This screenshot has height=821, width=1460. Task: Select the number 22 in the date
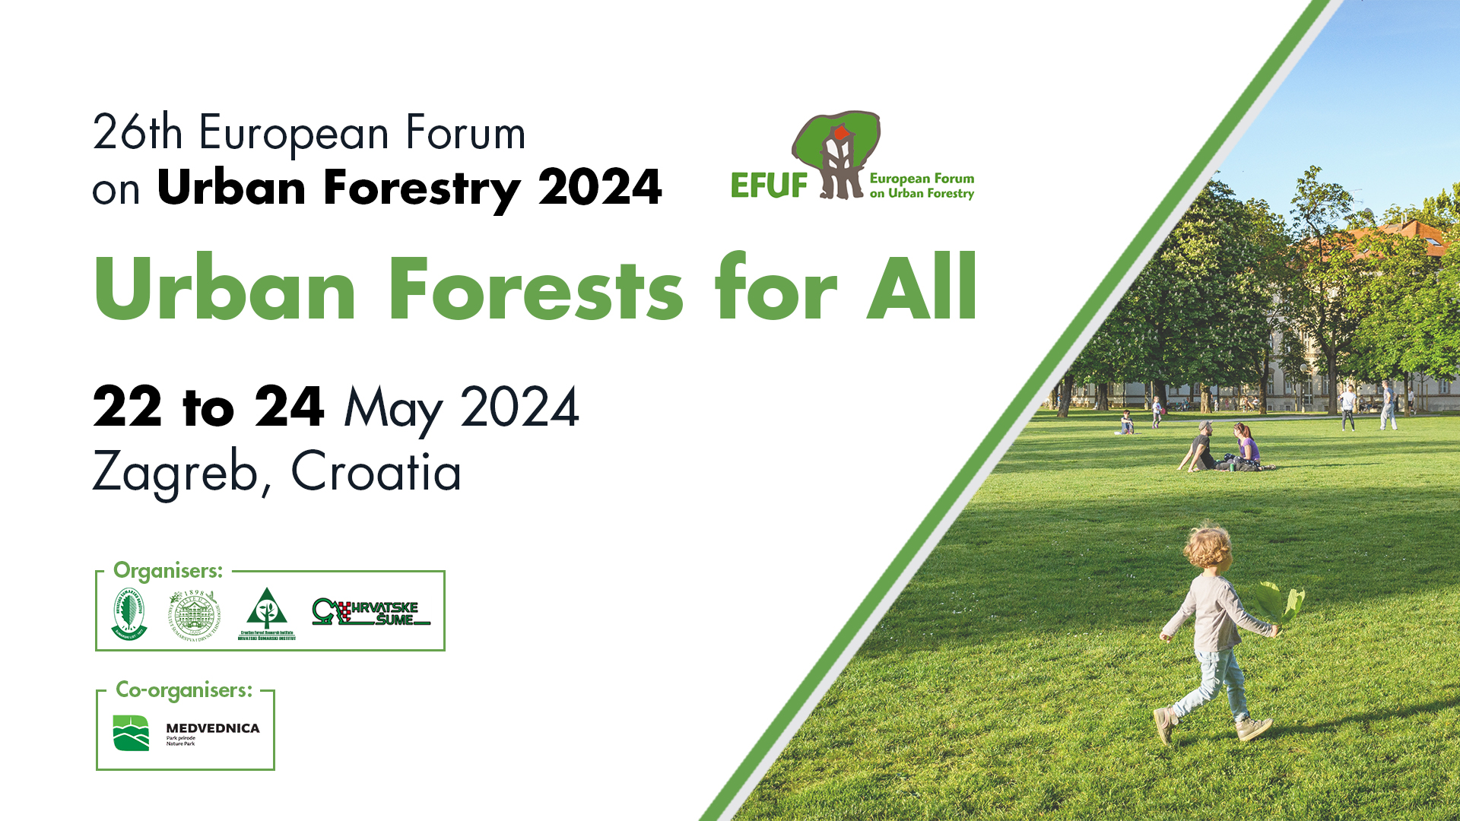[x=127, y=407]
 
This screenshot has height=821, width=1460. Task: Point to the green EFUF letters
[x=769, y=185]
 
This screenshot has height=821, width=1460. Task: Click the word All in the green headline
[x=922, y=289]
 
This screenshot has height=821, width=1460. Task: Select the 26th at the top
[x=138, y=132]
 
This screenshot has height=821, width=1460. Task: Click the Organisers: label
[x=168, y=570]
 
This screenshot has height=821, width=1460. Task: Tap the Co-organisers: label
[x=184, y=689]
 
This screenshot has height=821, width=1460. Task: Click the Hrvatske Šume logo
[x=371, y=613]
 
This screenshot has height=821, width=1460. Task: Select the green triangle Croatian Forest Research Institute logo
[x=266, y=613]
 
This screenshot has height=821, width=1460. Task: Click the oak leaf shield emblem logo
[x=129, y=613]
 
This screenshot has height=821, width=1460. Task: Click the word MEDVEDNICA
[x=213, y=728]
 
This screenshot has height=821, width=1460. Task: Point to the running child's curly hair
[x=1208, y=546]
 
